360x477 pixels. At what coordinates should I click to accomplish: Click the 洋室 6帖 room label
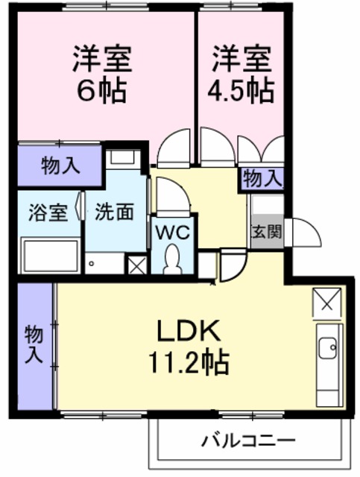click(101, 74)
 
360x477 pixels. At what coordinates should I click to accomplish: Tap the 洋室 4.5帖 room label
click(241, 74)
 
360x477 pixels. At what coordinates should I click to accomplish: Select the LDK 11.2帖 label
click(188, 347)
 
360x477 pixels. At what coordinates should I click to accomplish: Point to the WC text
click(173, 233)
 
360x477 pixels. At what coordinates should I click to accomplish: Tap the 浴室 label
click(48, 212)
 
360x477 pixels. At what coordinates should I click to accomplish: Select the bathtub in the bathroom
click(51, 256)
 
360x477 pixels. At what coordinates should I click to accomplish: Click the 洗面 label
click(115, 212)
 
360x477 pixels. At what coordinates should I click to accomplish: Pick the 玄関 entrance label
click(267, 232)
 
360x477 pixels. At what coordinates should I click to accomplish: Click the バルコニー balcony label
click(248, 440)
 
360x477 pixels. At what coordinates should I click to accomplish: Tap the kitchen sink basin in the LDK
click(328, 348)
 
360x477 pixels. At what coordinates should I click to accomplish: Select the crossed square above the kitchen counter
click(327, 303)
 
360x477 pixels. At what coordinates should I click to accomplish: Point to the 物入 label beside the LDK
click(34, 344)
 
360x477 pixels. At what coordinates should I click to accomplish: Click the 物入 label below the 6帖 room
click(60, 166)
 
